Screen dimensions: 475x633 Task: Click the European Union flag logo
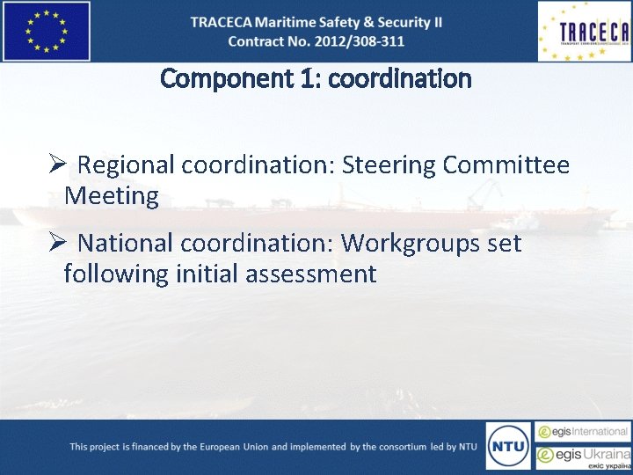(47, 31)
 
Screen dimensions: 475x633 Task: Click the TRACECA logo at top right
(584, 32)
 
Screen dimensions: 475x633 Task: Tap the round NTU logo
(508, 446)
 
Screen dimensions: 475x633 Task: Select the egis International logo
(584, 432)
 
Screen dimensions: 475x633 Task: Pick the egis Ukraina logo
(584, 456)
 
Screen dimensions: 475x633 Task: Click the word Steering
(388, 165)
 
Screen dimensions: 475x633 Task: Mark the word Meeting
(111, 195)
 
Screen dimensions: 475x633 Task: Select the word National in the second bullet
(130, 243)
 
